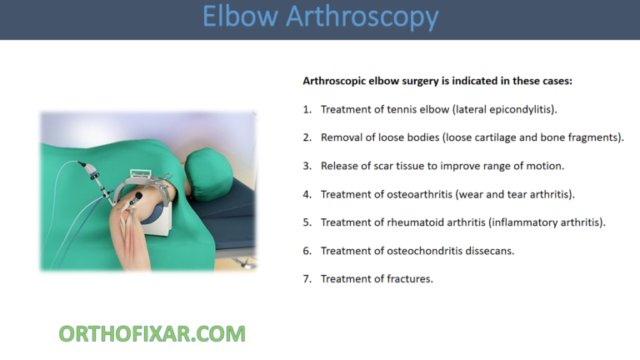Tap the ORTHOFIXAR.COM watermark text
pos(152,334)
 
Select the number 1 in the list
pos(307,109)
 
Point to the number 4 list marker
pos(307,194)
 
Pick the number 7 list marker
pos(307,279)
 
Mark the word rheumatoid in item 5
pos(412,222)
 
